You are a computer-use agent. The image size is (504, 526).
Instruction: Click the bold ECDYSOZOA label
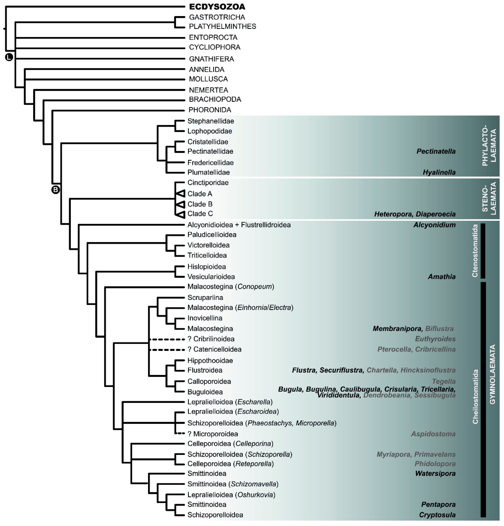coord(217,7)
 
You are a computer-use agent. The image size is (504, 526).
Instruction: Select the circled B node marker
coord(55,190)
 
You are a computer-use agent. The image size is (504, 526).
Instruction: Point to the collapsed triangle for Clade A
coord(181,193)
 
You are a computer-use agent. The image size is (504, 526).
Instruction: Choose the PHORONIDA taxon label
coord(210,110)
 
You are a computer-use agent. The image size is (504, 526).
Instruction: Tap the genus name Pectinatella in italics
coord(436,151)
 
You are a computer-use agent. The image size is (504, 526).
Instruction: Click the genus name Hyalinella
coord(439,172)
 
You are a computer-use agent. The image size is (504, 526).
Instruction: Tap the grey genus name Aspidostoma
coord(433,434)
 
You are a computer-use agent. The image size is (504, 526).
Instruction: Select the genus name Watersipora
coord(435,473)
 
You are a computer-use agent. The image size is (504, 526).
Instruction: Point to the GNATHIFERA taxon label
coord(211,59)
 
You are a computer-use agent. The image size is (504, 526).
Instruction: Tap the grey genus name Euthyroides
coord(435,339)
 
